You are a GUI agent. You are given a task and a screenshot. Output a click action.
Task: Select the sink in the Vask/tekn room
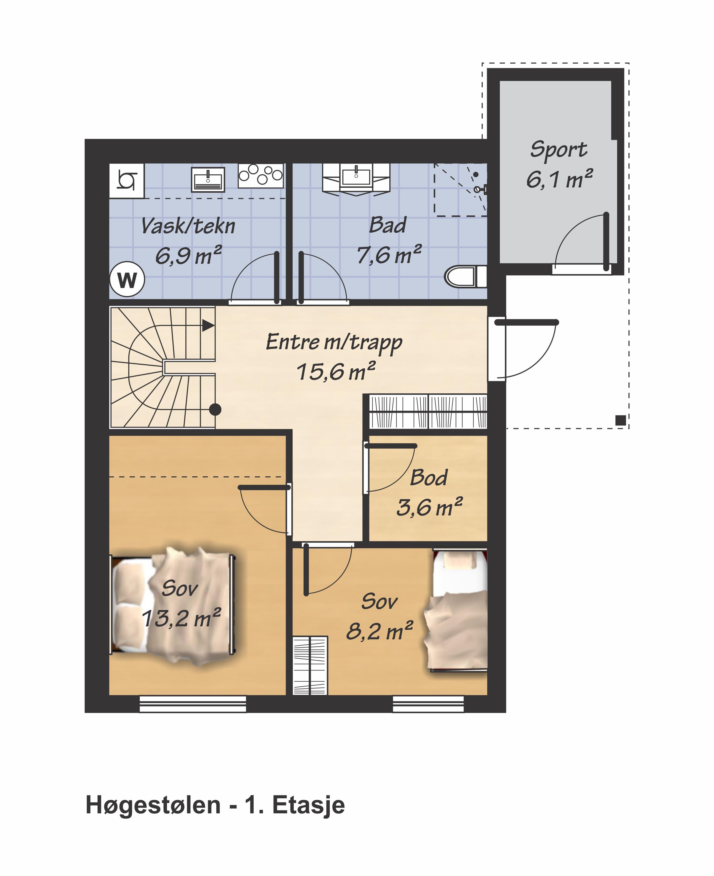pyautogui.click(x=208, y=179)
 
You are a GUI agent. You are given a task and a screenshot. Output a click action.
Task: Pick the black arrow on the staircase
pyautogui.click(x=208, y=326)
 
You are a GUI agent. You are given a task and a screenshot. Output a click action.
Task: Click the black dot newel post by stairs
pyautogui.click(x=215, y=409)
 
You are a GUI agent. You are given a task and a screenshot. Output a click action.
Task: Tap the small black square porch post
pyautogui.click(x=621, y=420)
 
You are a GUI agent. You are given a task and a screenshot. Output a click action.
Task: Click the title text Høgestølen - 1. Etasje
pyautogui.click(x=215, y=805)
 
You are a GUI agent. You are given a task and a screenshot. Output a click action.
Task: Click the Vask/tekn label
pyautogui.click(x=188, y=226)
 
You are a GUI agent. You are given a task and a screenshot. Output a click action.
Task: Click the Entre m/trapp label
pyautogui.click(x=334, y=342)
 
